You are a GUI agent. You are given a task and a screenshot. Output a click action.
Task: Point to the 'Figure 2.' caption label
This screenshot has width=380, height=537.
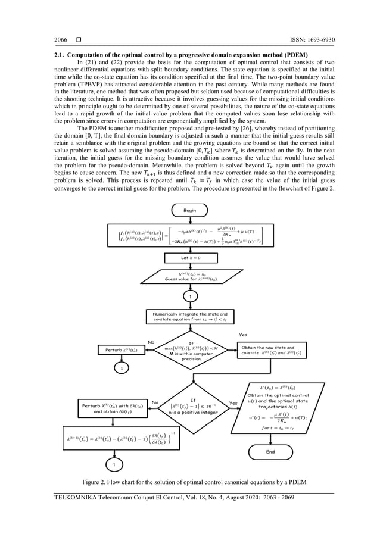pyautogui.click(x=97, y=481)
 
